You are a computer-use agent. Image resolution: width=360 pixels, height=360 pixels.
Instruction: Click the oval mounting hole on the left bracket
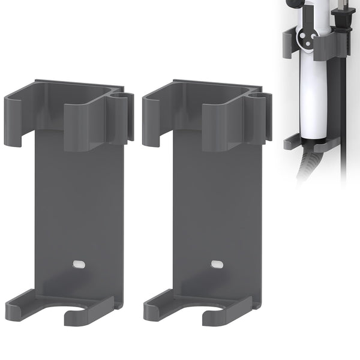click(78, 263)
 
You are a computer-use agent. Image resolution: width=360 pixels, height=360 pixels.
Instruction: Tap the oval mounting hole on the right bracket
click(216, 263)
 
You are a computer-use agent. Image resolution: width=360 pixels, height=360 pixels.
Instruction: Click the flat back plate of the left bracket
click(78, 204)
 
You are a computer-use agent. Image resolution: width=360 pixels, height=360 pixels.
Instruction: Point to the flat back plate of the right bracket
click(216, 204)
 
